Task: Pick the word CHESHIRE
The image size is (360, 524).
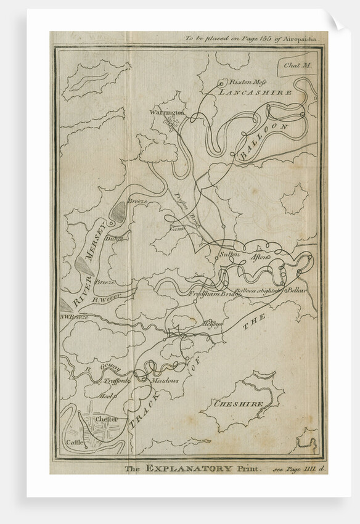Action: click(239, 404)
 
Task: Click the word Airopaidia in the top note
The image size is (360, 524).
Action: click(301, 38)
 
